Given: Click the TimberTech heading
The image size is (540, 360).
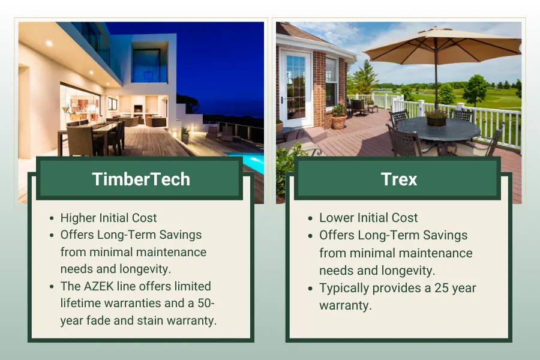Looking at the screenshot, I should (142, 179).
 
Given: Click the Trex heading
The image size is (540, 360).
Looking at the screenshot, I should (398, 179).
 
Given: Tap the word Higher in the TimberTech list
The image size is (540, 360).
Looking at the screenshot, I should (79, 218).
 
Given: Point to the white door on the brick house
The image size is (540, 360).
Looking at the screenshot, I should (296, 87).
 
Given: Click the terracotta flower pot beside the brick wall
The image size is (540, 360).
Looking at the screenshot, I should (339, 121).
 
